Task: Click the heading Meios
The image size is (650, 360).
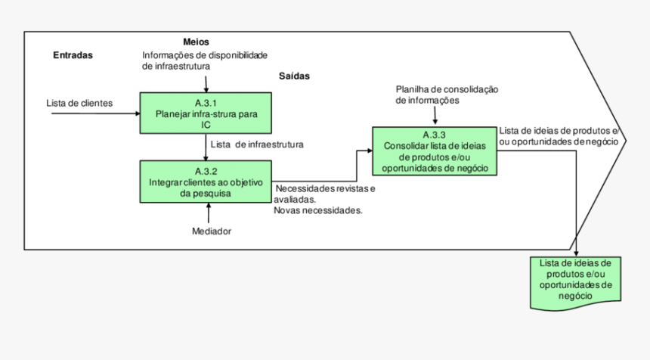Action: pos(196,42)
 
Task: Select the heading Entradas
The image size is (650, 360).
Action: pos(73,55)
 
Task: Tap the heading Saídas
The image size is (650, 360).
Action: pos(294,76)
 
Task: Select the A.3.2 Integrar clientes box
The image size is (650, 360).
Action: pos(206,182)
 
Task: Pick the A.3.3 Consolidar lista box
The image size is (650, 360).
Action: pos(435,151)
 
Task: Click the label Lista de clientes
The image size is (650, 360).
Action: pos(79,102)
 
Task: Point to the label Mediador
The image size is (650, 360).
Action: pos(212,231)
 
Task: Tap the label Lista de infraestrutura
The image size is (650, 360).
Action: pos(258,144)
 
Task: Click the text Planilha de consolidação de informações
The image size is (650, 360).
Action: pos(447,95)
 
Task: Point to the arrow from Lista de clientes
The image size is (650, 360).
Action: pos(94,114)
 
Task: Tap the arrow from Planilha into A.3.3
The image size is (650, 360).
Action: pos(435,116)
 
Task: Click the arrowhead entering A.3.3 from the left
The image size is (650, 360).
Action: pos(368,151)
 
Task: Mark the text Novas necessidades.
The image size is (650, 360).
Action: pos(318,210)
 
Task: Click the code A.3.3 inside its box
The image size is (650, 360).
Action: pos(435,135)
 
